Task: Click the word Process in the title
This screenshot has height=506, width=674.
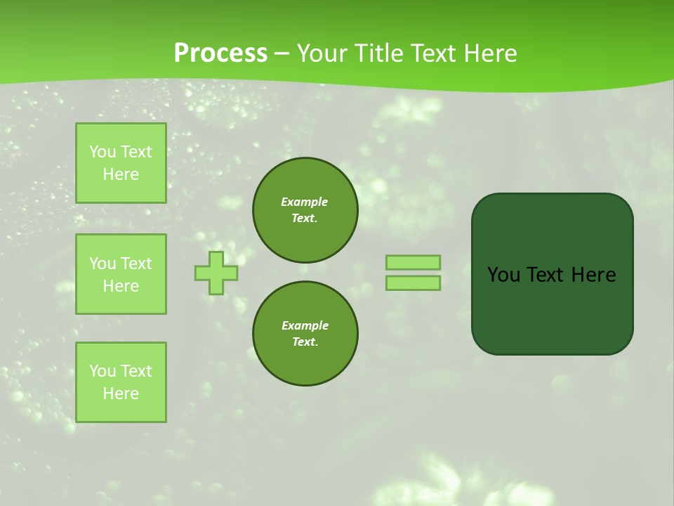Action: [x=220, y=53]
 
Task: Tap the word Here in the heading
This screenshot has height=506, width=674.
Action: [x=490, y=53]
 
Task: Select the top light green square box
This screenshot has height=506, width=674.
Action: [x=121, y=163]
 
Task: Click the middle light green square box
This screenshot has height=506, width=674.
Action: [x=121, y=274]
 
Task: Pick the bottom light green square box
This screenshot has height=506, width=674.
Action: [x=121, y=382]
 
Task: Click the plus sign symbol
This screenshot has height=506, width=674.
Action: [x=216, y=273]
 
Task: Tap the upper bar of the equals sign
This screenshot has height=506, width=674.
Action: [x=414, y=262]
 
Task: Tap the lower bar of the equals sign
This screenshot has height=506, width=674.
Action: [x=414, y=283]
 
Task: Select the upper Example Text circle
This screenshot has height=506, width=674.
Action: [x=305, y=210]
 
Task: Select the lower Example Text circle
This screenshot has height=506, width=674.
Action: [x=305, y=334]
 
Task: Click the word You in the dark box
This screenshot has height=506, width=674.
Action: [x=503, y=275]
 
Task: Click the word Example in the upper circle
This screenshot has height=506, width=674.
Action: [x=305, y=202]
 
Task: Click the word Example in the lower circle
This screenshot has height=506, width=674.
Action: [x=305, y=325]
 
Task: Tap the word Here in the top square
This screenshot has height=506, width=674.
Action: [x=121, y=174]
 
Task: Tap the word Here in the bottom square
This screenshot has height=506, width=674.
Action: [x=121, y=394]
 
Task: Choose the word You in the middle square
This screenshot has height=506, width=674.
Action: [x=103, y=264]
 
